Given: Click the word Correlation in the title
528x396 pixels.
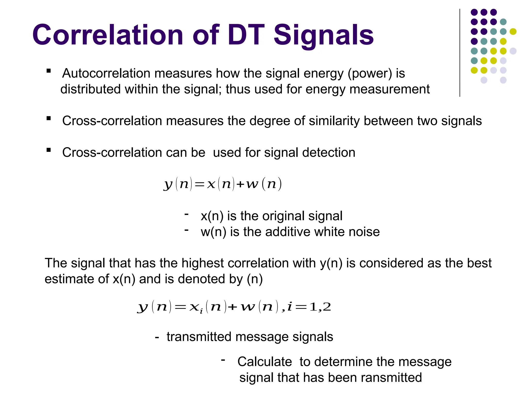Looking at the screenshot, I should click(108, 35).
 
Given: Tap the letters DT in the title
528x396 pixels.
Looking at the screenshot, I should click(246, 35).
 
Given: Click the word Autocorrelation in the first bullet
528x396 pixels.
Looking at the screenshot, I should click(106, 73).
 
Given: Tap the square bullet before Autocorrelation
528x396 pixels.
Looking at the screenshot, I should click(48, 71).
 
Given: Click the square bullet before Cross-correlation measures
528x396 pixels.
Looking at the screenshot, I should click(48, 118).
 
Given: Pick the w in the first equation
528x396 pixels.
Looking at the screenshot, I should click(252, 184).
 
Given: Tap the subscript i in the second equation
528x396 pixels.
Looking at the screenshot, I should click(201, 312).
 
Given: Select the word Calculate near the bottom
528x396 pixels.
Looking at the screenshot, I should click(265, 362).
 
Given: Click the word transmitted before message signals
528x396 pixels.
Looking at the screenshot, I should click(199, 337).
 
